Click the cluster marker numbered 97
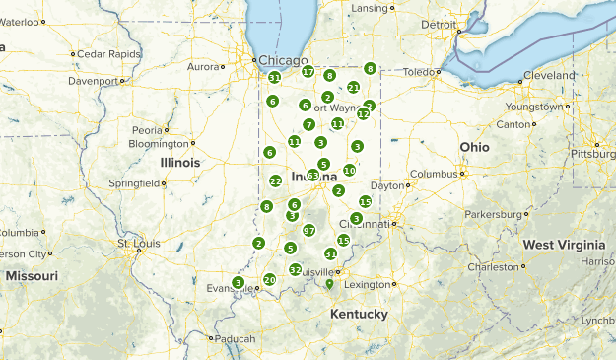point(308,230)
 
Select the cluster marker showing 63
point(312,176)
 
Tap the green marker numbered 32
point(295,269)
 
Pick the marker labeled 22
point(275,181)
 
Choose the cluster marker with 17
point(308,72)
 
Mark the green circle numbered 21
point(353,88)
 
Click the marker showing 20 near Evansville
point(269,280)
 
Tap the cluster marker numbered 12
point(363,114)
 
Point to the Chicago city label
point(283,60)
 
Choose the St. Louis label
point(137,243)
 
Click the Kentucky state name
point(359,314)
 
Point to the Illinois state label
point(180,162)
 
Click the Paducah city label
point(236,338)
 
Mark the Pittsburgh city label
point(593,155)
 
